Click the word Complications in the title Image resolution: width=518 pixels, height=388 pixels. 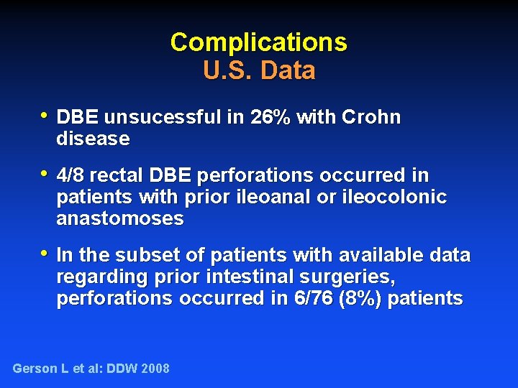tap(258, 42)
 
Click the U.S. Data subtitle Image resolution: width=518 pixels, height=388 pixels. tap(259, 70)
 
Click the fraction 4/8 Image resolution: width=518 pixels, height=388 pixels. tap(69, 175)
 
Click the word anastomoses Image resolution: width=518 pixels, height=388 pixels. tap(119, 218)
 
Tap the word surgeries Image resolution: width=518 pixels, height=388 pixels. tap(355, 277)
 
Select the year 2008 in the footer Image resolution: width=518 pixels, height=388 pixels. tap(155, 369)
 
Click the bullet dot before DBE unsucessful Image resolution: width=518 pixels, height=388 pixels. tap(45, 116)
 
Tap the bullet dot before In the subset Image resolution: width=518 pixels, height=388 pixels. tap(45, 254)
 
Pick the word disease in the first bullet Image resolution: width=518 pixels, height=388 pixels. tap(93, 139)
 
